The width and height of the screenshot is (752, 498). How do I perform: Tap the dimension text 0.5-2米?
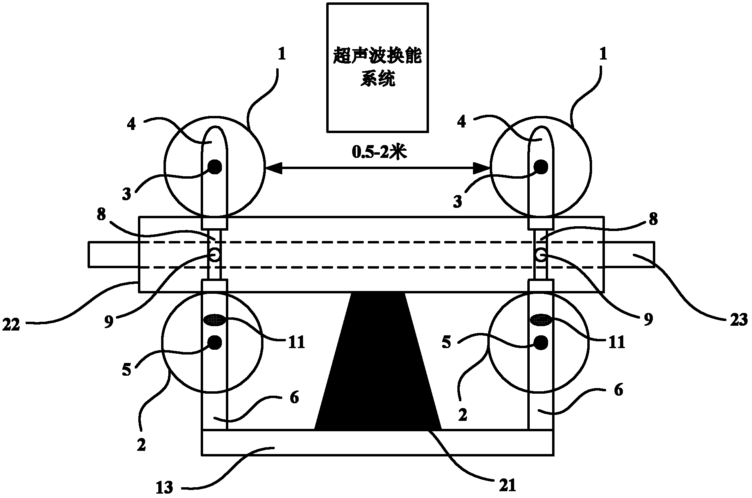[377, 153]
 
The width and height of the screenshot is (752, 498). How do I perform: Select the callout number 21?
[507, 484]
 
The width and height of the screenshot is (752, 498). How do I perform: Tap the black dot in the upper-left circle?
[215, 167]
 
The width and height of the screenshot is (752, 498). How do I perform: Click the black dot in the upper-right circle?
[542, 167]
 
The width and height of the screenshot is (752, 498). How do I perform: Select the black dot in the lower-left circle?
[215, 342]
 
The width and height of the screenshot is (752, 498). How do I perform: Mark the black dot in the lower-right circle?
[542, 342]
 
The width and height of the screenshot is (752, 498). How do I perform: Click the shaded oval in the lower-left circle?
[215, 319]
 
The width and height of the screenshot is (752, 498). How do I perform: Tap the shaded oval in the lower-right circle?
[541, 319]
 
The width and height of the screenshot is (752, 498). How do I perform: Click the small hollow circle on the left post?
[215, 255]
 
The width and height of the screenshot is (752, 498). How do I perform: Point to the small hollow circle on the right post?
[541, 255]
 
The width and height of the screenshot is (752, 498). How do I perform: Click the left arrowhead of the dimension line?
[272, 168]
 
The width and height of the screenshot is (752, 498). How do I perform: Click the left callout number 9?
[109, 322]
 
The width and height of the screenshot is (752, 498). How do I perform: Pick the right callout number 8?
[652, 220]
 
